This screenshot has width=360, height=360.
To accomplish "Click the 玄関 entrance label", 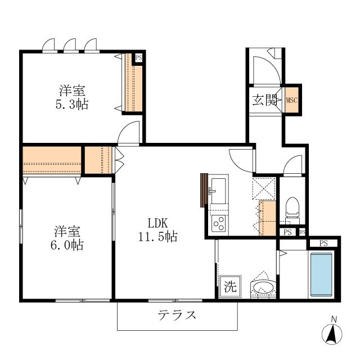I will pos(264,100).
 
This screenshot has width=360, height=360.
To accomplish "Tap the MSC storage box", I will pos(291,100).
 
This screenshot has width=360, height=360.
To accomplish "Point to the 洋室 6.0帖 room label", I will pos(67,237).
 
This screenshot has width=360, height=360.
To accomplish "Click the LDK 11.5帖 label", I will pos(157,229).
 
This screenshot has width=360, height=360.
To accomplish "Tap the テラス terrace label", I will pos(177,315).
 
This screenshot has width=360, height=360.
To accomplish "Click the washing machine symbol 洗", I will pos(230,285).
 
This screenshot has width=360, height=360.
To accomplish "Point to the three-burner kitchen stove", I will pos(218,224).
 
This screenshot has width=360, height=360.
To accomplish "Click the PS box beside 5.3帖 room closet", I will pos(138,57).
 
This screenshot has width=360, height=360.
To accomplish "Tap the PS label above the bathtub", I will pos(323,243).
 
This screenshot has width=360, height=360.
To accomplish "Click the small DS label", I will pos(302,232).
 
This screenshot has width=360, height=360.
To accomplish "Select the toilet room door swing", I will pos(293,165).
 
